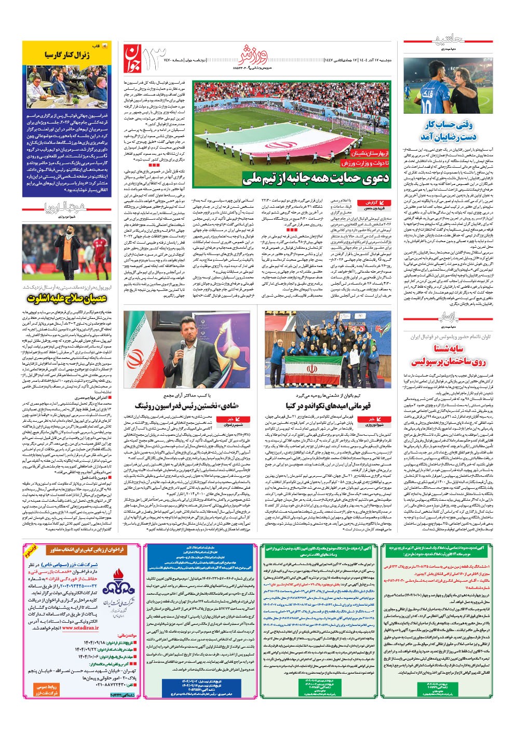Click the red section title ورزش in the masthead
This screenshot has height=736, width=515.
tap(255, 51)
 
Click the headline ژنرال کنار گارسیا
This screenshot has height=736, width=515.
tap(67, 54)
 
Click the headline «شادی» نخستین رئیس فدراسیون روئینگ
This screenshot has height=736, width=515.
tap(186, 405)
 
